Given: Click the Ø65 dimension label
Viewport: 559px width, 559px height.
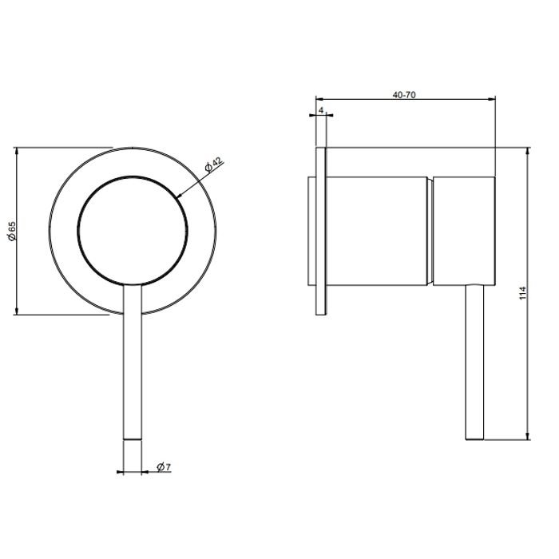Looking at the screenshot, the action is pos(12,231).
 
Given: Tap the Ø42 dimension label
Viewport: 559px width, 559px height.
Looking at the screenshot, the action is pos(213,165).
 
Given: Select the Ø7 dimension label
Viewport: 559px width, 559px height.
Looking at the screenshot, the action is pos(164,466).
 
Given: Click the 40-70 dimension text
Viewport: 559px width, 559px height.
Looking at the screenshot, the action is pos(404,95).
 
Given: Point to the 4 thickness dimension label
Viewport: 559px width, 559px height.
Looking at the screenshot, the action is pos(321,110).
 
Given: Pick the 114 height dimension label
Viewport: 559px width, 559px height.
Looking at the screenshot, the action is pos(522,293).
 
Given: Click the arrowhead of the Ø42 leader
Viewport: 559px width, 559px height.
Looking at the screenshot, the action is pos(179,195).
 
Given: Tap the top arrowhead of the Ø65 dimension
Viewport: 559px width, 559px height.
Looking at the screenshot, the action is pos(16,151).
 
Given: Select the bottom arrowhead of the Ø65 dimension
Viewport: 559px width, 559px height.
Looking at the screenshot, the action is pos(16,311).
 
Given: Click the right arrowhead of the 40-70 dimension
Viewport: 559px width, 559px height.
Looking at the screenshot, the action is pos(492,98).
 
